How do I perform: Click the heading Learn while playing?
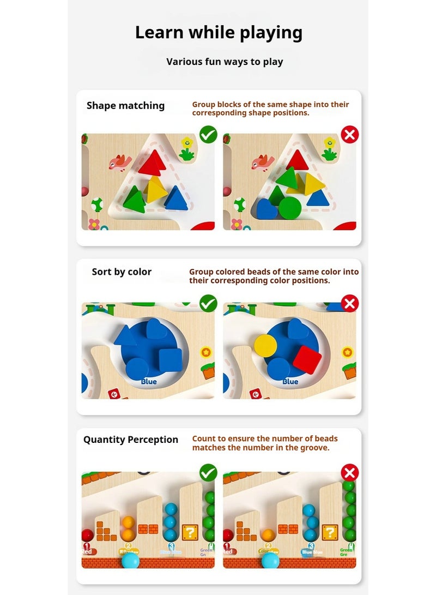point(219,33)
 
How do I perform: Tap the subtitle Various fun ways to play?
point(225,62)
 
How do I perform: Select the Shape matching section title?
point(125,106)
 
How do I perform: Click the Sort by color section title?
point(122,272)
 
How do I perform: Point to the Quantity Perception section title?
point(131,440)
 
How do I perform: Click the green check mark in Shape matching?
point(208,134)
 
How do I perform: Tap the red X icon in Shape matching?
point(349,134)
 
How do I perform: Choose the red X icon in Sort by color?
point(349,303)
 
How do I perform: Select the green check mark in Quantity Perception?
point(208,472)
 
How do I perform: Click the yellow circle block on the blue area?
point(265,345)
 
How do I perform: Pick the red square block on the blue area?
point(307,359)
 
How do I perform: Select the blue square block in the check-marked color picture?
point(170,358)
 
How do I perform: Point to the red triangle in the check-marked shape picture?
point(152,163)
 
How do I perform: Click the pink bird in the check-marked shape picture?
point(120,162)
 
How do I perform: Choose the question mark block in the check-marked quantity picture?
point(190,532)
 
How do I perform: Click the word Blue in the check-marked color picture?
point(149,382)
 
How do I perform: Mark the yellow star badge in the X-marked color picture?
point(348,352)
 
